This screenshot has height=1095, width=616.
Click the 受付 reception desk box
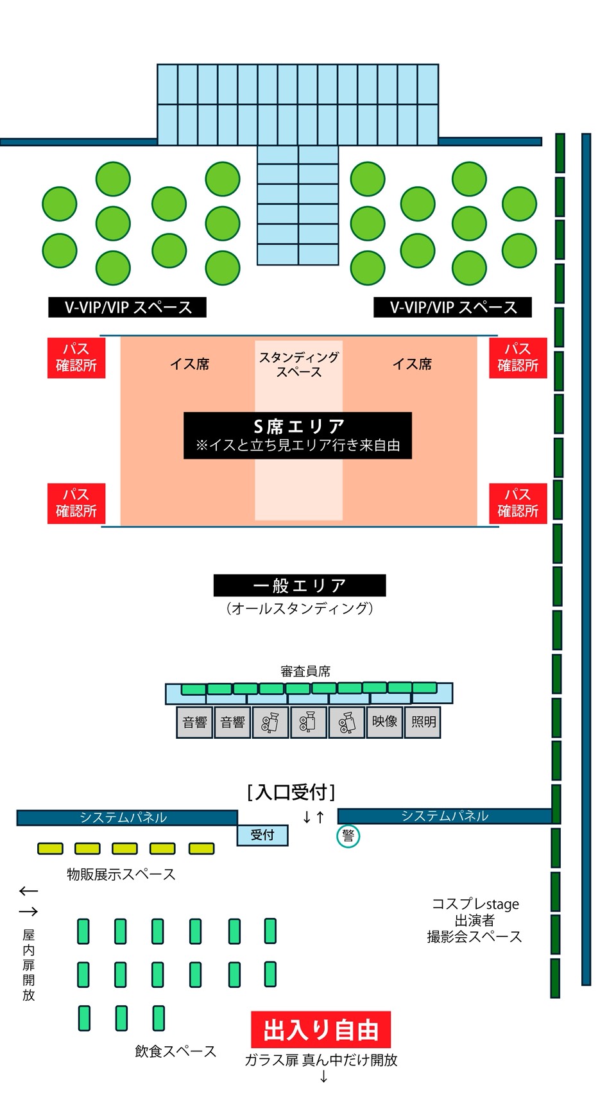[262, 835]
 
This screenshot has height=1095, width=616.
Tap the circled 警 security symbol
[348, 836]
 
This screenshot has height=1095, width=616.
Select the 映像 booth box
[384, 722]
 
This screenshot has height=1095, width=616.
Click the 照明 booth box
[423, 722]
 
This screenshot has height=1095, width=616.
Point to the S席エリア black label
[298, 435]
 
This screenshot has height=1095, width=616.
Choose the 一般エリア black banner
[300, 585]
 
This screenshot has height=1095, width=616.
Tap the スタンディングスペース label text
[299, 364]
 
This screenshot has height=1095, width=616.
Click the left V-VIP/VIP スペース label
[128, 307]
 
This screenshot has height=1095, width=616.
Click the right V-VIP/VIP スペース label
[453, 307]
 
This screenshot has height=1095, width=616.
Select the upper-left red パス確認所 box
[76, 358]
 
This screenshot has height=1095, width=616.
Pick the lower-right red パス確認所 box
[518, 503]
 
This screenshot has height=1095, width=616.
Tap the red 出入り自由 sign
[321, 1030]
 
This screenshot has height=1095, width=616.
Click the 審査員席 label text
[305, 671]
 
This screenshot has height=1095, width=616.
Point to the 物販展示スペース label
[121, 874]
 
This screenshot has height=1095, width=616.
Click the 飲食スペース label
[175, 1051]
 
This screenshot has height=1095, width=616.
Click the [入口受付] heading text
[291, 792]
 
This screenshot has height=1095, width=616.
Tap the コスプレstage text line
[475, 904]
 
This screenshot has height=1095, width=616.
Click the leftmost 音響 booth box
[194, 722]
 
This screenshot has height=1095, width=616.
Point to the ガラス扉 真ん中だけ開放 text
[321, 1060]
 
